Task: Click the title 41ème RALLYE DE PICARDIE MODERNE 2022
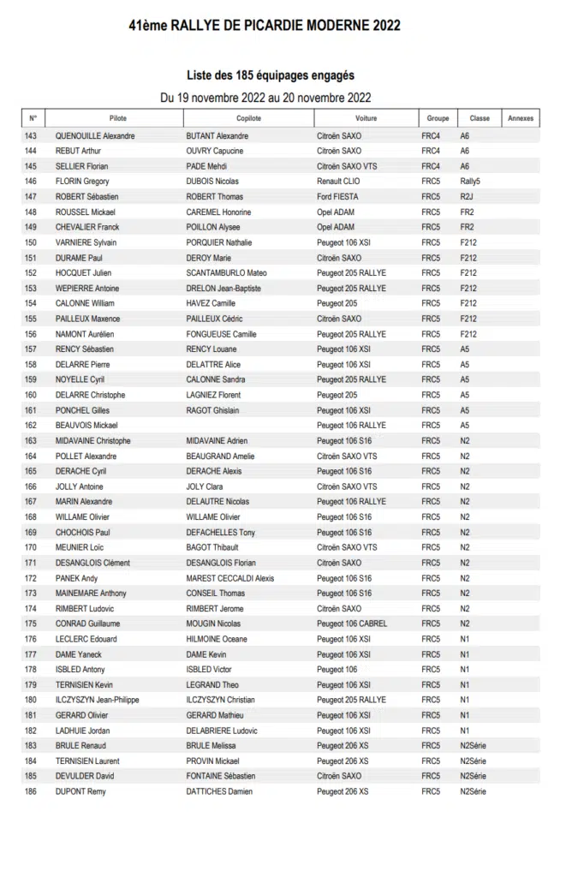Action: coord(265,27)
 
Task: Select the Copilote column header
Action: coord(248,118)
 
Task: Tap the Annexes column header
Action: coord(520,118)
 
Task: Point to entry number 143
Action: coord(31,136)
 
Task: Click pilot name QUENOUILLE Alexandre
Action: coord(95,136)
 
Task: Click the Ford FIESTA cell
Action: coord(337,197)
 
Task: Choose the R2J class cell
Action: coord(467,197)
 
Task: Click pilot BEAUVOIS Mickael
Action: coord(86,426)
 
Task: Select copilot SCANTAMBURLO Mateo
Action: coord(226,273)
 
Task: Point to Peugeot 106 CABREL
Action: coord(352,623)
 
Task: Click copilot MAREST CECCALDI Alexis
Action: coord(230,578)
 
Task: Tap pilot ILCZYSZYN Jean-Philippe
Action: coord(97,700)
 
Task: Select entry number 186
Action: coord(31,791)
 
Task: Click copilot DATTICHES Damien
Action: coord(219,791)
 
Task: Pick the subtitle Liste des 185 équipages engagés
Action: coord(270,75)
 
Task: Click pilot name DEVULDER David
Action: coord(85,776)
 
